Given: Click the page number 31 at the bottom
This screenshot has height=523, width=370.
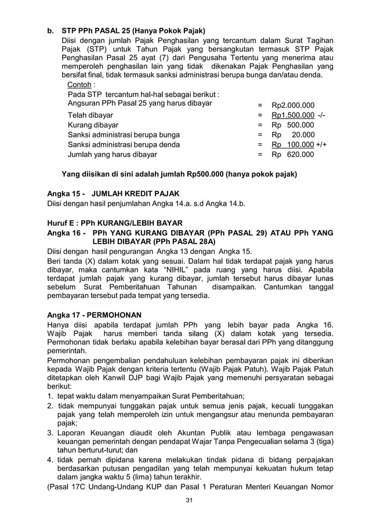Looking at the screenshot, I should click(x=185, y=500).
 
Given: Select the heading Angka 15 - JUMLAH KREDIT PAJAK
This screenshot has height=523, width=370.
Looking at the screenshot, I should click(x=113, y=193).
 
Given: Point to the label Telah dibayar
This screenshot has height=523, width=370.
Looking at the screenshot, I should click(x=90, y=115).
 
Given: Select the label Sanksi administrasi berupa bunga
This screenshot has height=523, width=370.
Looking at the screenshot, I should click(x=124, y=135).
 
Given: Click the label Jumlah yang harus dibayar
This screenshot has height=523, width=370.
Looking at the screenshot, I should click(x=112, y=155).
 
